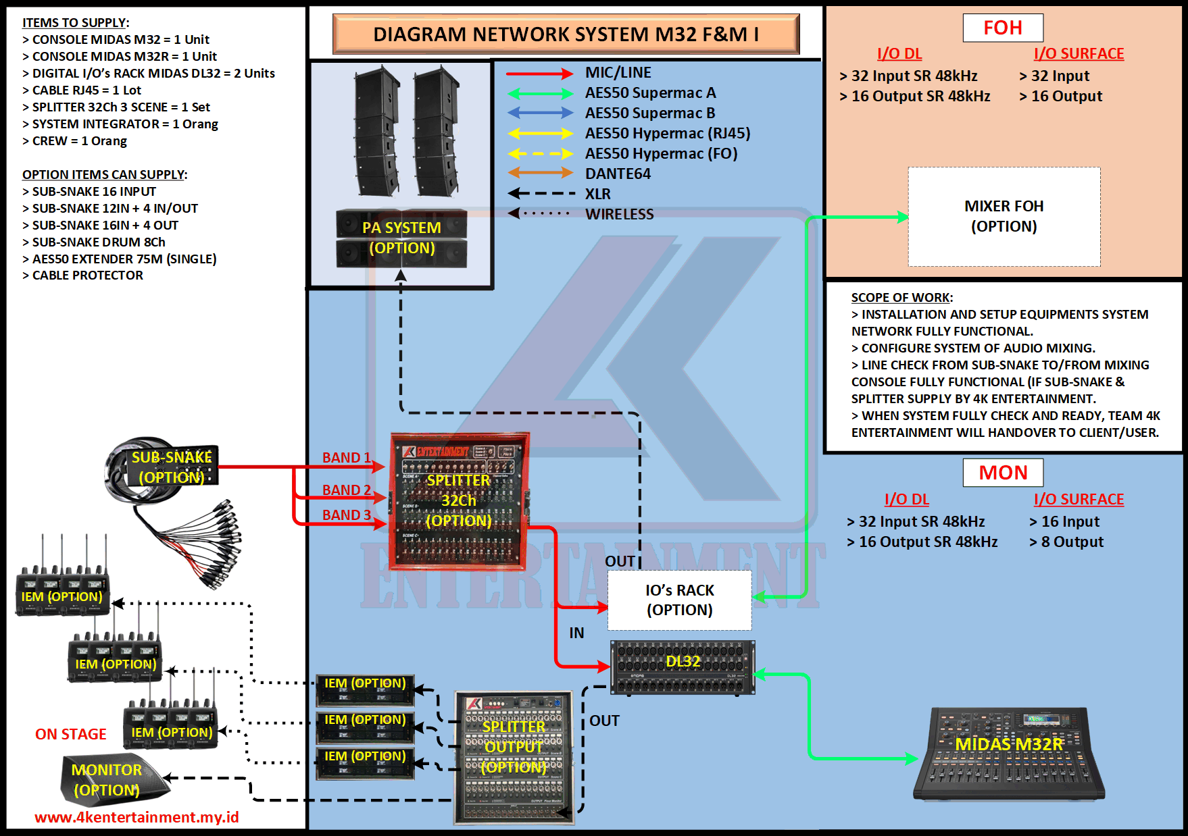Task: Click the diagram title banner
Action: (x=566, y=34)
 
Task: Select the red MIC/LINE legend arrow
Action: (x=540, y=73)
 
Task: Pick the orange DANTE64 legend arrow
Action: (x=540, y=174)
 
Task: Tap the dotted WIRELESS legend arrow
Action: (x=540, y=213)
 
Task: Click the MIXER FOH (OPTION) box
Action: (x=1004, y=216)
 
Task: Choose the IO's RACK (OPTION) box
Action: (x=679, y=600)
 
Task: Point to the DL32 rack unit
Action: (x=683, y=667)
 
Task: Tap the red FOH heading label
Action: (x=1003, y=28)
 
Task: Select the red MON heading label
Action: (x=1003, y=473)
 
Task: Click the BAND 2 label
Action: (x=347, y=490)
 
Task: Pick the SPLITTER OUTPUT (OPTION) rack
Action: (x=514, y=756)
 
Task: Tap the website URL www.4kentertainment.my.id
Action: (x=137, y=817)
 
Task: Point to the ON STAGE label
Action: (x=71, y=734)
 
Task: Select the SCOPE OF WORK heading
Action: (x=901, y=297)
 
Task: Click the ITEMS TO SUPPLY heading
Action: (x=75, y=23)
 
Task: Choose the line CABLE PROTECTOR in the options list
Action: (x=87, y=276)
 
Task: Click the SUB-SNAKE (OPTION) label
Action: (x=171, y=467)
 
